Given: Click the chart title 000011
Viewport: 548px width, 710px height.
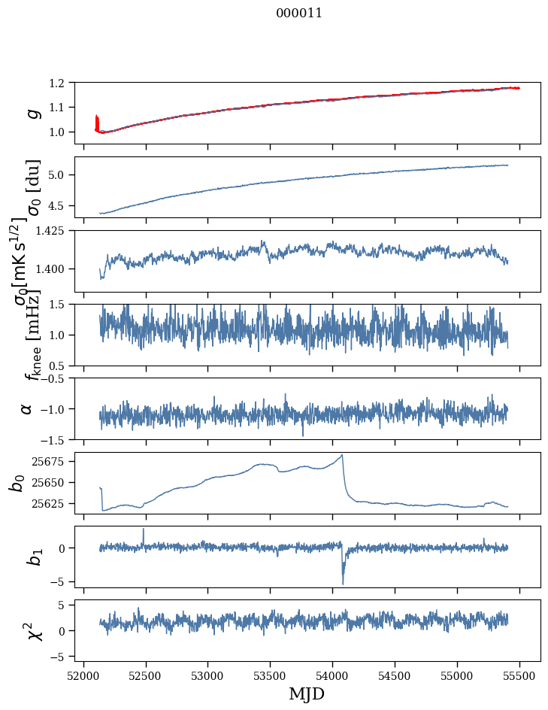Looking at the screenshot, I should [299, 13].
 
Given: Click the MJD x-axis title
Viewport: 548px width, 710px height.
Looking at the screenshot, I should [307, 693].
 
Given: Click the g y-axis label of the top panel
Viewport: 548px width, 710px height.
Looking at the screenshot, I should [32, 113].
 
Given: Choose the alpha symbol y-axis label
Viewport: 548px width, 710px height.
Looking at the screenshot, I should [26, 408].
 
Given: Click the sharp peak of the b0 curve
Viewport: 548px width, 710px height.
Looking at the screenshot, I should [343, 455].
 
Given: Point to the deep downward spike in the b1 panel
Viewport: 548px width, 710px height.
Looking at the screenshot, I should [343, 583].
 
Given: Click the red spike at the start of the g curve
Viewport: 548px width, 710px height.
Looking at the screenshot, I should [97, 120].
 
